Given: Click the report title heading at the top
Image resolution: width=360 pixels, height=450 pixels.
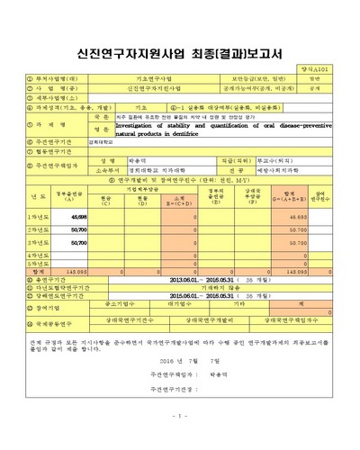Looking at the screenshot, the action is click(180, 55).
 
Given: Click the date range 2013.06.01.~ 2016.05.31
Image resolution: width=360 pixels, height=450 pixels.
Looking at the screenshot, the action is click(207, 279).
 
